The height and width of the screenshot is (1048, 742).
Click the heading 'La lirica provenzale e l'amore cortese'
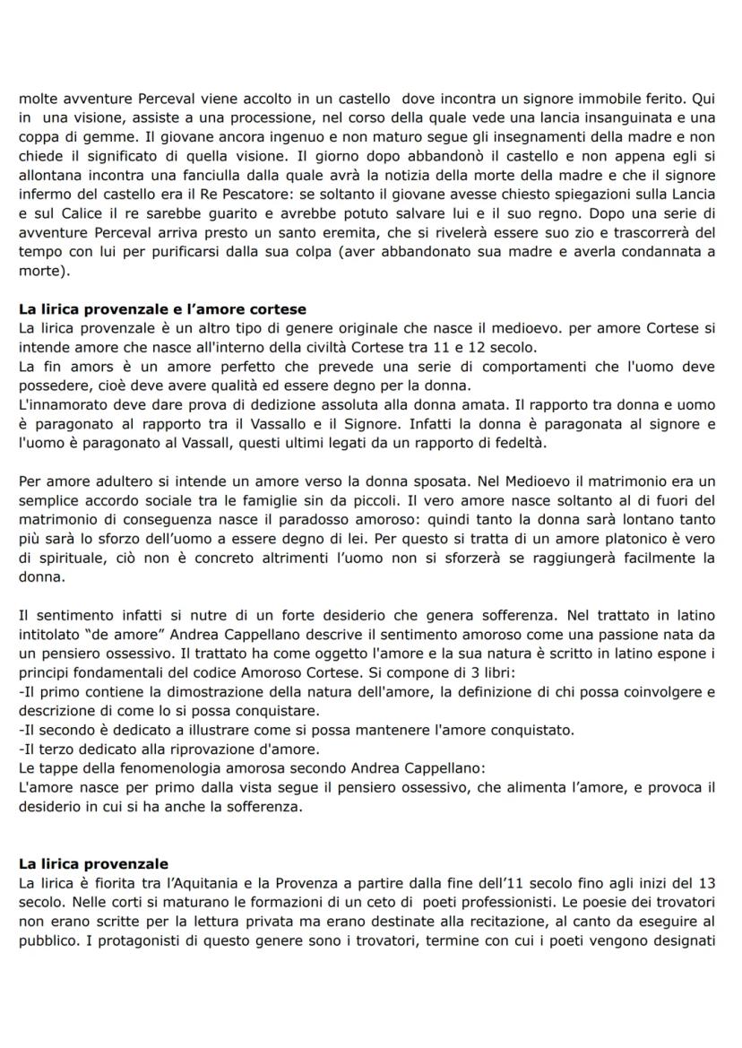tap(162, 310)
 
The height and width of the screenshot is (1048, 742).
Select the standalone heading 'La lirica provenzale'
tap(93, 864)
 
